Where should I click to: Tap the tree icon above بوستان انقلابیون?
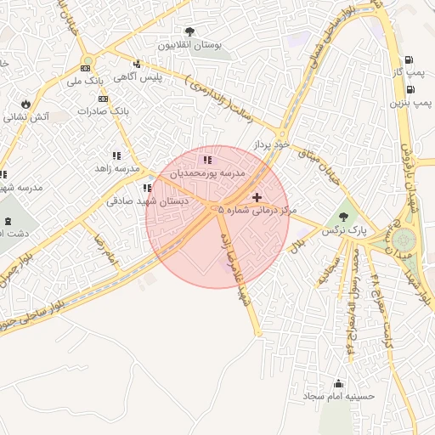click(189, 32)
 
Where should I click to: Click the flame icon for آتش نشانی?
click(26, 104)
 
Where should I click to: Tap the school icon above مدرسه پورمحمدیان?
click(206, 159)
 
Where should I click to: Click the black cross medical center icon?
click(257, 197)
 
